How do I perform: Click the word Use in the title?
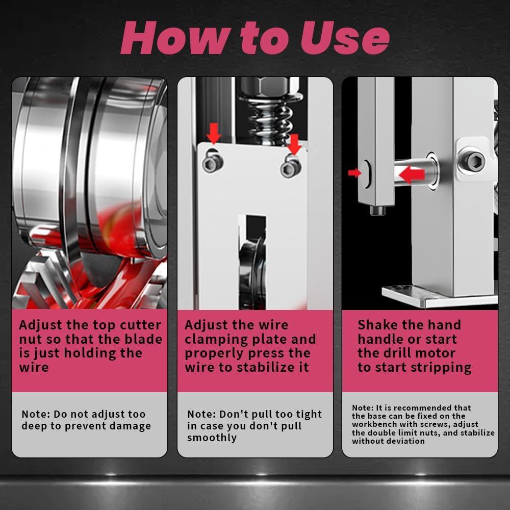(x=345, y=38)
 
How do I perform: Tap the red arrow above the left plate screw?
(x=213, y=133)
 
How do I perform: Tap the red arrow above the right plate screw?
(x=294, y=144)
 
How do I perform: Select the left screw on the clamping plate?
(x=213, y=163)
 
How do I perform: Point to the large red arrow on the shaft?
(x=412, y=174)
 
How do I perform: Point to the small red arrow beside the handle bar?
(x=354, y=173)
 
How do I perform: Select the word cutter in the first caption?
(x=141, y=325)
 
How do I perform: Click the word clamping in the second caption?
(x=215, y=340)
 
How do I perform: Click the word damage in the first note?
(x=133, y=426)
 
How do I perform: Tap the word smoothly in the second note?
(x=212, y=438)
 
